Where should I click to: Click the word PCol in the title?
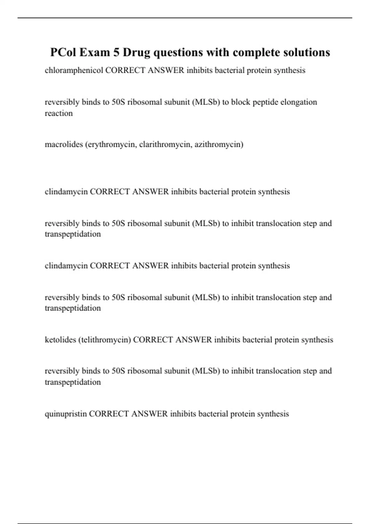point(63,52)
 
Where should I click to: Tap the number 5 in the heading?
point(116,52)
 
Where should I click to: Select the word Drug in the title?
point(137,52)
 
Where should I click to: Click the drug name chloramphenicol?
point(74,70)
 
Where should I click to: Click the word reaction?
point(59,113)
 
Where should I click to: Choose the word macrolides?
point(64,144)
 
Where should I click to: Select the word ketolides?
point(60,340)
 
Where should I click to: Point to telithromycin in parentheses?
point(105,340)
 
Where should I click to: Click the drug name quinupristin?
point(66,414)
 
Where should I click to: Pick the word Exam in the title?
point(95,52)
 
